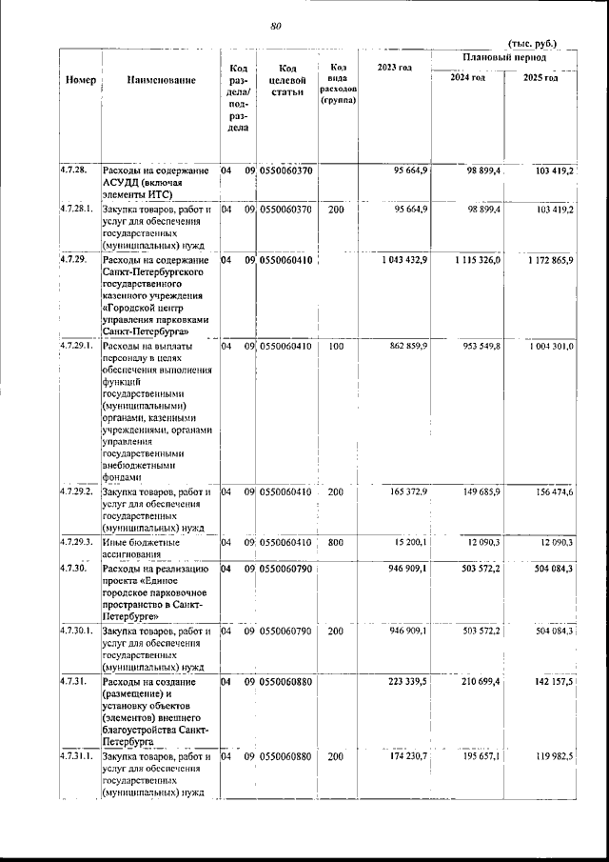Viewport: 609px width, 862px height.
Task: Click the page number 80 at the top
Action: (x=276, y=26)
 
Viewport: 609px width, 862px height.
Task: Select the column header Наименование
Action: (x=161, y=80)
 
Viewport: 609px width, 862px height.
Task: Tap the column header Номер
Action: (x=80, y=80)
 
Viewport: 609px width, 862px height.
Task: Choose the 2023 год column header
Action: (x=394, y=67)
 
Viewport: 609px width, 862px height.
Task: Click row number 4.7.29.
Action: (x=74, y=259)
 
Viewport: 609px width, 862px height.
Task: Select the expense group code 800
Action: (x=336, y=542)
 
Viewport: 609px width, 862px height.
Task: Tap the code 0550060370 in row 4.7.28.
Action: (x=286, y=170)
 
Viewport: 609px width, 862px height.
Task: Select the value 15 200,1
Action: (x=412, y=542)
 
